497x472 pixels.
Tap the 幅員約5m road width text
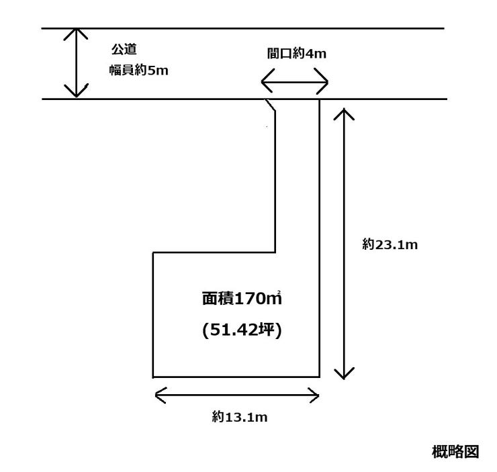139,70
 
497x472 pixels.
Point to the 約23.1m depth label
390,245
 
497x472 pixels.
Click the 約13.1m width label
240,417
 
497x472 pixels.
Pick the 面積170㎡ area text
240,298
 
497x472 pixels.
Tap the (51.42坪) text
240,330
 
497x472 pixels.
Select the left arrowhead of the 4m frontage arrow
264,85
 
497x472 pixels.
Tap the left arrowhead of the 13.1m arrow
158,395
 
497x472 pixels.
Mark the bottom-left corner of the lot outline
154,377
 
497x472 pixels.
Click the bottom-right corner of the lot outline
319,377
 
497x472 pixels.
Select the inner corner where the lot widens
275,252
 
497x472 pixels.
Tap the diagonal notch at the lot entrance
271,105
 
